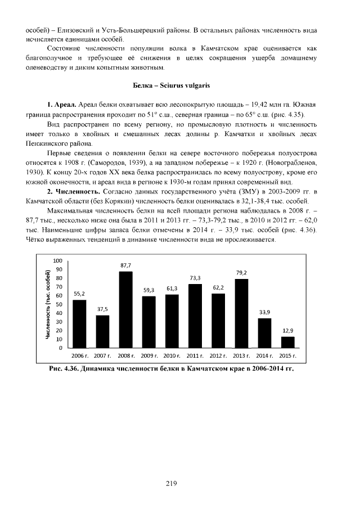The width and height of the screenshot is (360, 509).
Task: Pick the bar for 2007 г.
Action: (102, 331)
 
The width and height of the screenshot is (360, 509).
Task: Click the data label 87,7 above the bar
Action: (125, 265)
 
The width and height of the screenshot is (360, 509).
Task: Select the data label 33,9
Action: (264, 312)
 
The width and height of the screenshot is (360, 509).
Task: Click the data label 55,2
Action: (79, 294)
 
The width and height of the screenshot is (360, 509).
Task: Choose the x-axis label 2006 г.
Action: (79, 356)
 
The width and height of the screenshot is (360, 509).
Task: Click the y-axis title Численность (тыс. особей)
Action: (49, 304)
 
